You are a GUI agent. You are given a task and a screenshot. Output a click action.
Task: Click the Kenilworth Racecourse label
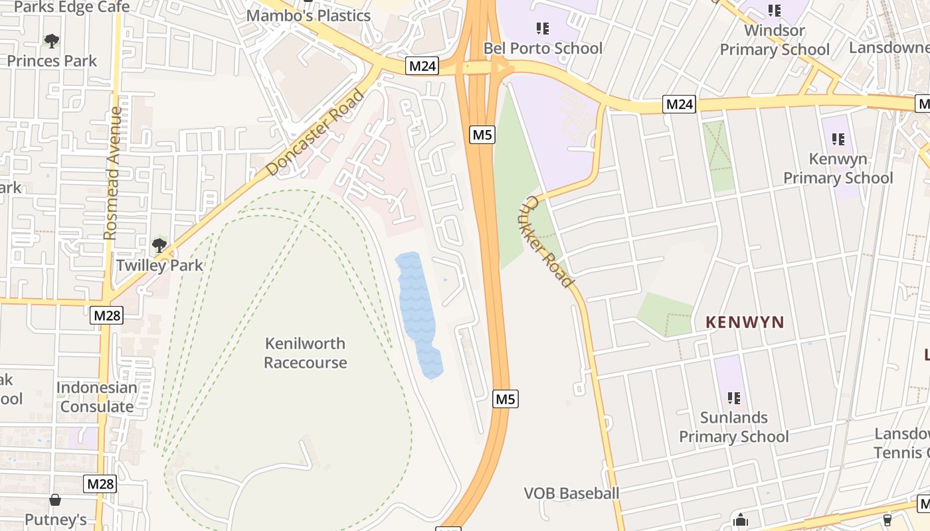tap(305, 353)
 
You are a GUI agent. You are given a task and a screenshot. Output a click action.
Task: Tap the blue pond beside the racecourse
tap(418, 312)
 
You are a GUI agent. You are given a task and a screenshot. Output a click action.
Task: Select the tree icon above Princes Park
tap(52, 41)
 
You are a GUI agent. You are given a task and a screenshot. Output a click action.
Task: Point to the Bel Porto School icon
tap(543, 29)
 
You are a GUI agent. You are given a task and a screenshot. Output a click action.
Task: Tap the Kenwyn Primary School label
tap(838, 169)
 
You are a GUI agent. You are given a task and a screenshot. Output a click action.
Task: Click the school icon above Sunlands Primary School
tap(734, 398)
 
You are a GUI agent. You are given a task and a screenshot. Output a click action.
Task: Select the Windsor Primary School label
tap(775, 40)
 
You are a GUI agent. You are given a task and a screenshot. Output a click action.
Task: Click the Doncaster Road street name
tap(316, 133)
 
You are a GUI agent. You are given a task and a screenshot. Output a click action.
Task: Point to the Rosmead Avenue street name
tap(111, 173)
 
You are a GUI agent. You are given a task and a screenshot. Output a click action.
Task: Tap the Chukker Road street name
tap(549, 242)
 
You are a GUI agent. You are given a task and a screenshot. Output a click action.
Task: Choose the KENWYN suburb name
tap(745, 323)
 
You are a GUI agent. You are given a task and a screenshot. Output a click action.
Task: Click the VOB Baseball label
tap(571, 493)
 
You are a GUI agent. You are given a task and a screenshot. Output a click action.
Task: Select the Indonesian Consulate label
tap(97, 397)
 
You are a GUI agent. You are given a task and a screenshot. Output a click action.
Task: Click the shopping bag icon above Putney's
tap(55, 500)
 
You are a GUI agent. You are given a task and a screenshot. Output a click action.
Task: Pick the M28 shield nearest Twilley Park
tap(107, 315)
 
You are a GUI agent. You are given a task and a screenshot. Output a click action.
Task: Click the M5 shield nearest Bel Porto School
tap(482, 135)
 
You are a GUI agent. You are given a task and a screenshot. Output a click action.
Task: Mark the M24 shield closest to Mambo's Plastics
tap(422, 66)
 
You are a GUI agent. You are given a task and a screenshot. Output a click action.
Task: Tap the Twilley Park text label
tap(159, 265)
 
